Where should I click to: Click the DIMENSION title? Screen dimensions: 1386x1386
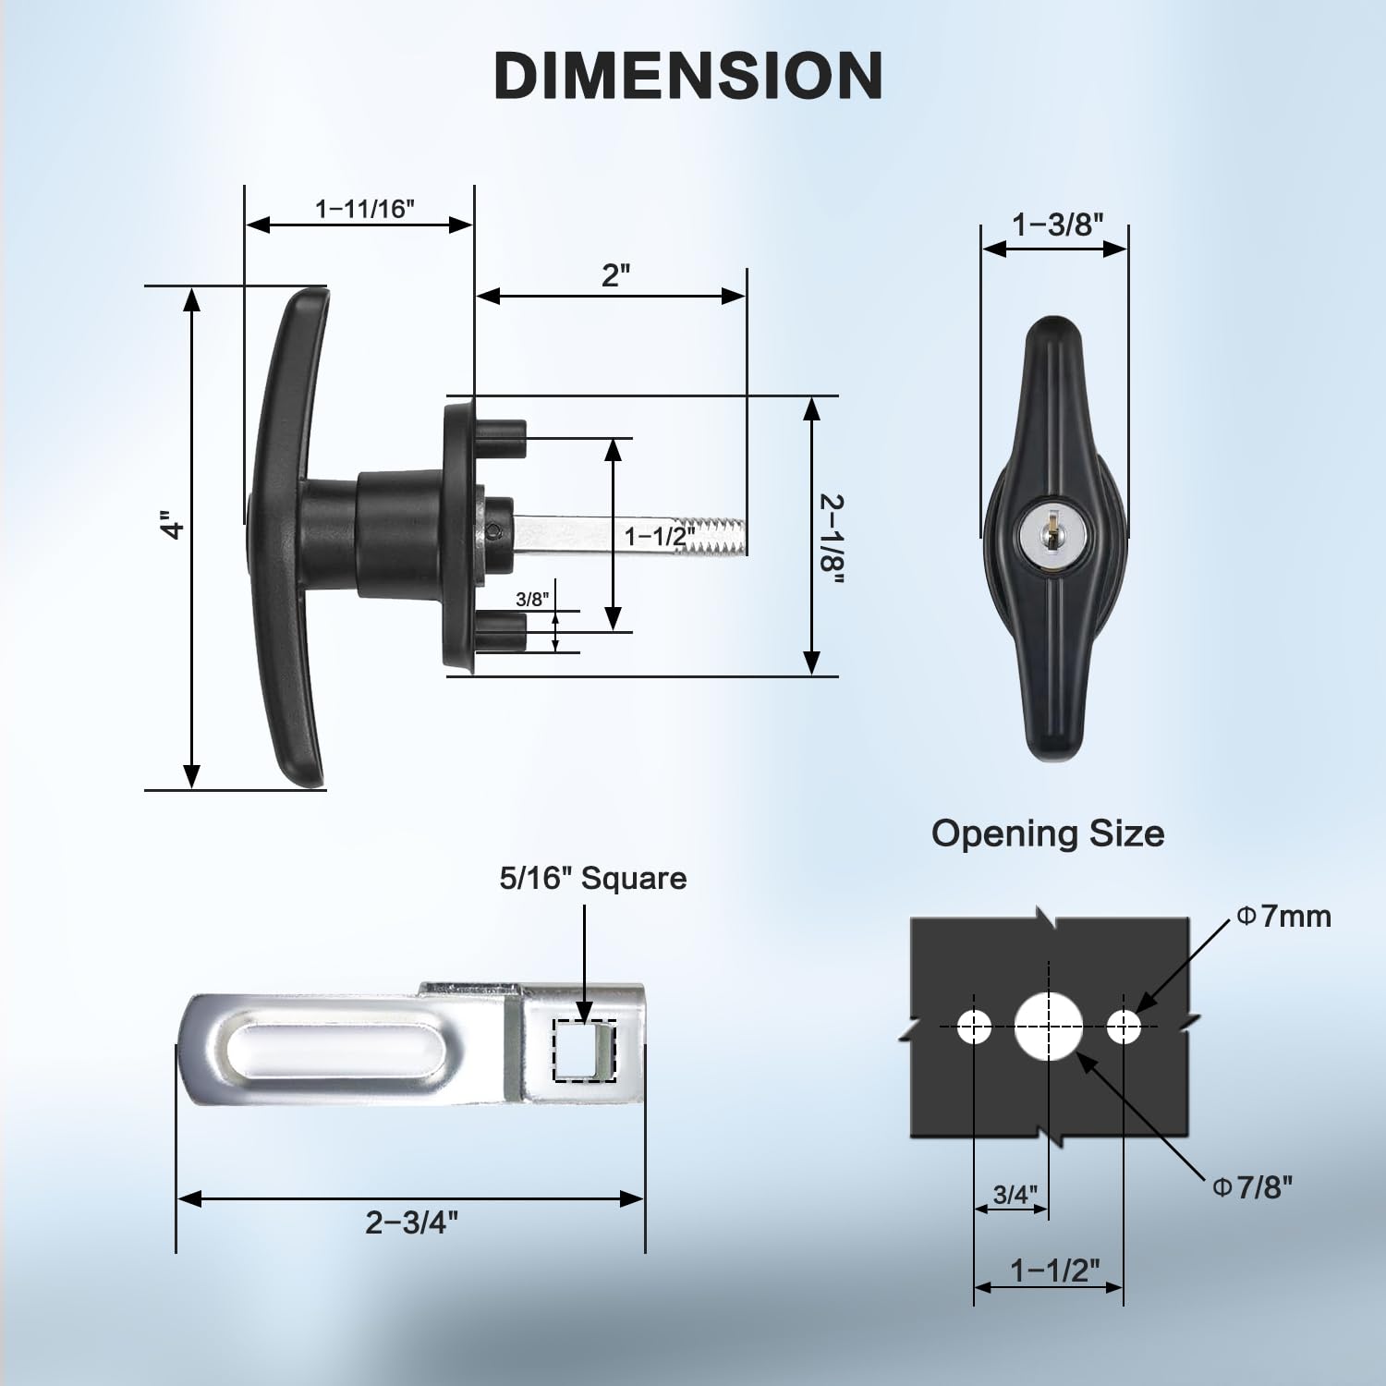pos(688,75)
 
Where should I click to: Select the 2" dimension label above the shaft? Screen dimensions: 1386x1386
pos(615,274)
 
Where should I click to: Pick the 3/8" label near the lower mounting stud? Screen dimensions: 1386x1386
pos(531,599)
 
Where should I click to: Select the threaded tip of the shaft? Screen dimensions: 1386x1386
pos(720,538)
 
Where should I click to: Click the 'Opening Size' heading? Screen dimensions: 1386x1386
pos(1047,833)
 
